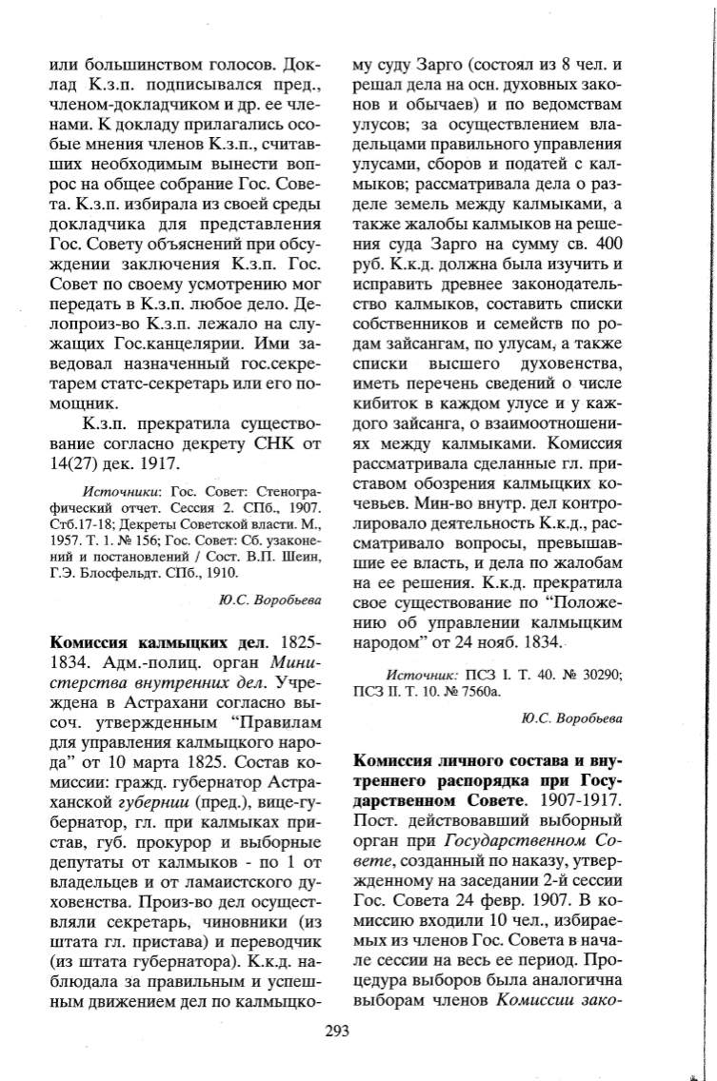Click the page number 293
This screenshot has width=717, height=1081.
click(x=337, y=1032)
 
